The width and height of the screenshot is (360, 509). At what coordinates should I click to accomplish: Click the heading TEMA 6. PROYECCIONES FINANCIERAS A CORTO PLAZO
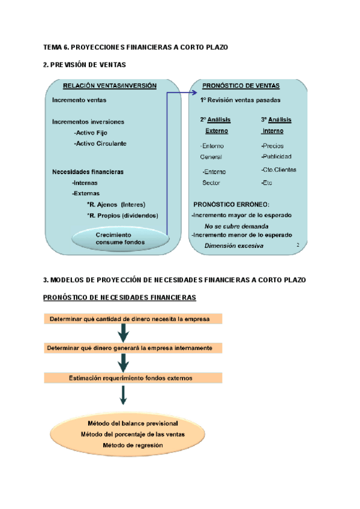pos(136,47)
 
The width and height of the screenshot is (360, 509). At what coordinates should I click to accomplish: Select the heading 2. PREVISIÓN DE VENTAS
pos(85,64)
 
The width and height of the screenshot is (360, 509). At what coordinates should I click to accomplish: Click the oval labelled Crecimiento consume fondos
pos(118,238)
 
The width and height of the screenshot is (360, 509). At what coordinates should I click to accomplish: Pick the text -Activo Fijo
pos(90,132)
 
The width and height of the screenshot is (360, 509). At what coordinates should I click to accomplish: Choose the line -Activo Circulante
pos(100,144)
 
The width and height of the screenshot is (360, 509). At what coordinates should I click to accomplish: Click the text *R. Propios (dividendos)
pos(122,215)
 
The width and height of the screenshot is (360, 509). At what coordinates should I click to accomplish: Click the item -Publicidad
pos(276,157)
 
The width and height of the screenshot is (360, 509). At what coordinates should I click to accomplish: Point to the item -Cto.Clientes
pos(278,170)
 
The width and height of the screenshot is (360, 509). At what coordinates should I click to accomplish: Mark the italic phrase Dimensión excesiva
pos(233,246)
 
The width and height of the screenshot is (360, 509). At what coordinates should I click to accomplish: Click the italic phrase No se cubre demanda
pos(236,226)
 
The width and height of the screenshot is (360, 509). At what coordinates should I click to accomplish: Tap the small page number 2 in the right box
pos(298,245)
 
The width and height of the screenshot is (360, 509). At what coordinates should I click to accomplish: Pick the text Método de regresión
pos(133,445)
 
